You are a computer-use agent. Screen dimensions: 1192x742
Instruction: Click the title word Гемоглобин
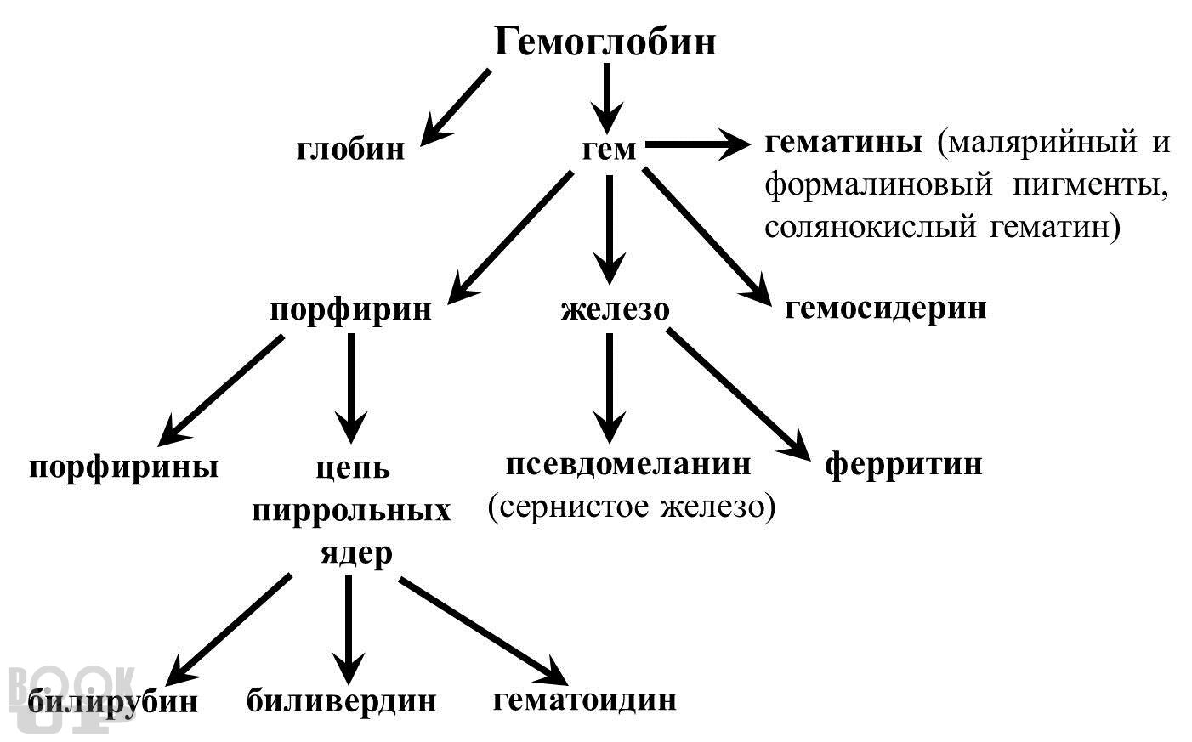605,42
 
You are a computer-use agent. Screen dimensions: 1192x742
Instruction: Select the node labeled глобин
350,149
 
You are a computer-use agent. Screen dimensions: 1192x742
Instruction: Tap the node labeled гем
609,150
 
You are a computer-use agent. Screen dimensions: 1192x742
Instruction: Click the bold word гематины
843,143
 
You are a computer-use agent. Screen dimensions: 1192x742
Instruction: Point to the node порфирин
350,309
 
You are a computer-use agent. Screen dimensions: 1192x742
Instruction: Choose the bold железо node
616,309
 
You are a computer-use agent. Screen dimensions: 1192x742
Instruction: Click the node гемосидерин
885,309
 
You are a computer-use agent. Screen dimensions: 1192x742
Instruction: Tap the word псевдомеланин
628,464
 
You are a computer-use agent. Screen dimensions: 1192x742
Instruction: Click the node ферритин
904,464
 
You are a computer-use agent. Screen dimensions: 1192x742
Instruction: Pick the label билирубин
112,701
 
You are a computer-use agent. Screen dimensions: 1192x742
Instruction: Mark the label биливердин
341,700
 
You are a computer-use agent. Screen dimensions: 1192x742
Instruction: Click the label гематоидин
585,700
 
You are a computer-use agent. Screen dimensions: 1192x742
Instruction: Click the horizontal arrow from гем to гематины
698,144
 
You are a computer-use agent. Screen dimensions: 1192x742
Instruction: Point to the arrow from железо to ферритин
738,394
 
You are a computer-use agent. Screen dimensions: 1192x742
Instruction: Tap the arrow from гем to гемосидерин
707,237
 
